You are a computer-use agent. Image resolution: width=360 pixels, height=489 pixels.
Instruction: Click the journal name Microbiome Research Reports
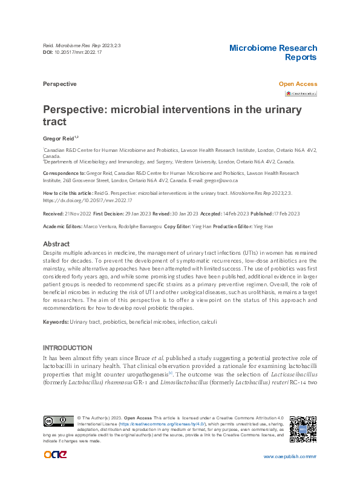pyautogui.click(x=273, y=53)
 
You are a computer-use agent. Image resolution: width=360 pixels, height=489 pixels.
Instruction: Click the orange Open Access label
pyautogui.click(x=298, y=84)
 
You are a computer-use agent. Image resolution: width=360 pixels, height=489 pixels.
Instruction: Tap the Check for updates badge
pyautogui.click(x=301, y=94)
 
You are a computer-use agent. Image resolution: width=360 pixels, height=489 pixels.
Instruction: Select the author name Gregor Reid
pyautogui.click(x=57, y=139)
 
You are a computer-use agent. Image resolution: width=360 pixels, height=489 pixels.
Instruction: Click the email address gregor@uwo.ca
pyautogui.click(x=223, y=180)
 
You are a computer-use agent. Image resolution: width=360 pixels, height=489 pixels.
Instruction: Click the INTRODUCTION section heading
pyautogui.click(x=67, y=348)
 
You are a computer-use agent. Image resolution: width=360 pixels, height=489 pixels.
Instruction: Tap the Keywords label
pyautogui.click(x=55, y=321)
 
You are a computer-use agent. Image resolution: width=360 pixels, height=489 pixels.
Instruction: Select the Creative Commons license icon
pyautogui.click(x=58, y=421)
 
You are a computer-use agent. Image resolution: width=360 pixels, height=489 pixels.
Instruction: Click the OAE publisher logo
pyautogui.click(x=55, y=455)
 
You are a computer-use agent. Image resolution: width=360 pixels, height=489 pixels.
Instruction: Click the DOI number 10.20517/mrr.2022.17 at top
pyautogui.click(x=78, y=52)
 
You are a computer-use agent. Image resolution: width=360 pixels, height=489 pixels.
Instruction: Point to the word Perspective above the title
pyautogui.click(x=60, y=84)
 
